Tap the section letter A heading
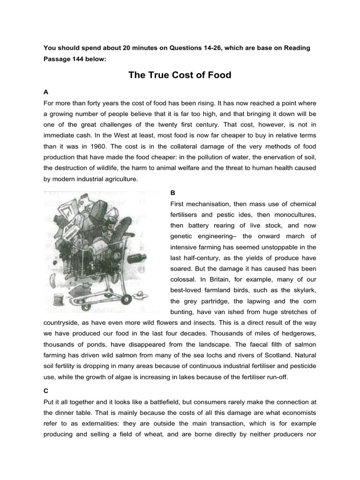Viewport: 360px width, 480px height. click(45, 92)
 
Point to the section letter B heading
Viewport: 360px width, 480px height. click(172, 193)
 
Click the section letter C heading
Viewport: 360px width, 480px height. click(45, 390)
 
